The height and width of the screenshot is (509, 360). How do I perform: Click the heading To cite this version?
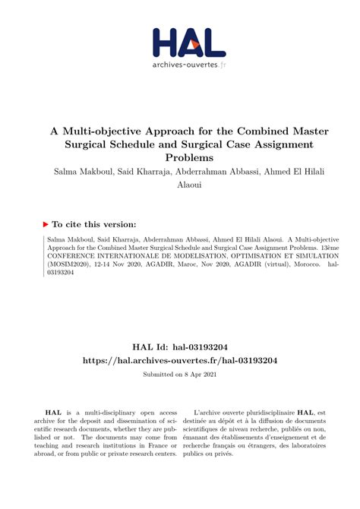click(95, 224)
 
